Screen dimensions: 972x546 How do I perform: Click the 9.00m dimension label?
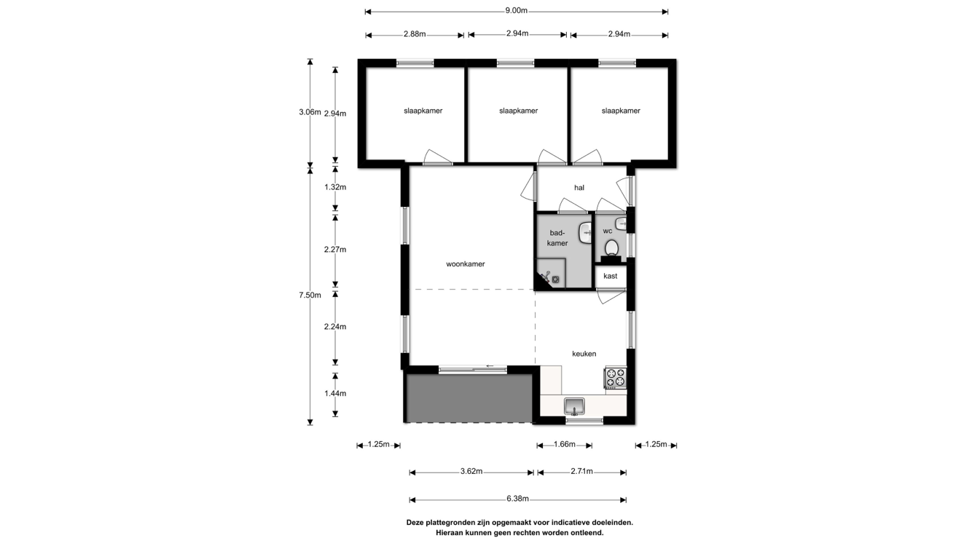point(516,10)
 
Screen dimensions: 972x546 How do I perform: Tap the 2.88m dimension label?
point(415,33)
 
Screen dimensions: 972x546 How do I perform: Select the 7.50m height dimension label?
point(310,296)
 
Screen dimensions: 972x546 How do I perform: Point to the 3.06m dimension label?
point(310,112)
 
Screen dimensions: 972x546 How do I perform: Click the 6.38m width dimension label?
point(517,499)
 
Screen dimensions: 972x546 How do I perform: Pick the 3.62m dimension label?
point(471,472)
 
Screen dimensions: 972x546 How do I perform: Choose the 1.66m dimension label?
point(564,444)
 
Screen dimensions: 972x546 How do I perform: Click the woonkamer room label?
point(466,264)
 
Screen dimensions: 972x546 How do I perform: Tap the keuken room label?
point(584,354)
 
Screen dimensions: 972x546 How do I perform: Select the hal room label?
point(579,187)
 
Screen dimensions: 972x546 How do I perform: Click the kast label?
point(610,276)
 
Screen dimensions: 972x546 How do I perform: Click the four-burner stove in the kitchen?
point(616,377)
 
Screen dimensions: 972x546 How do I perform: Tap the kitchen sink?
point(574,406)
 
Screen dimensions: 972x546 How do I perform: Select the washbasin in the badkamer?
point(586,232)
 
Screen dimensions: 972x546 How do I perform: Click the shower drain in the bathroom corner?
point(555,280)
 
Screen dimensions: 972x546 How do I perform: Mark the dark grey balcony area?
point(469,398)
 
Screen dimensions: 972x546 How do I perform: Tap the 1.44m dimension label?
point(335,393)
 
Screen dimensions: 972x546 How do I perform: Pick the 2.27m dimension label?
point(335,250)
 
